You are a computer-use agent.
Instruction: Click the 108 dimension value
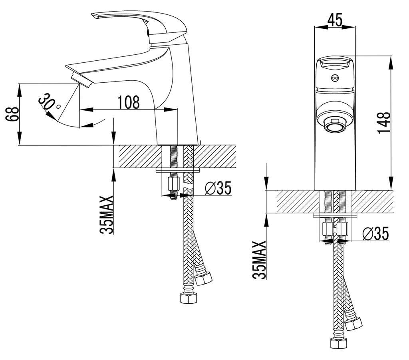(129, 102)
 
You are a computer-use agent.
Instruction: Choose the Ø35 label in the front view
(375, 234)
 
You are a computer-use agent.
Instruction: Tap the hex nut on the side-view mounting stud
(173, 184)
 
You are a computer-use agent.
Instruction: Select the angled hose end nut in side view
(204, 277)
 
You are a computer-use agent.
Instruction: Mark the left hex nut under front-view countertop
(327, 229)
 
